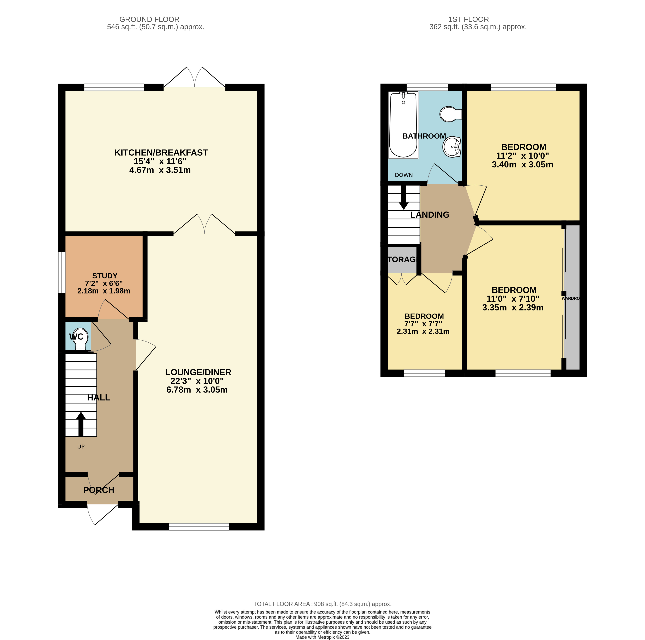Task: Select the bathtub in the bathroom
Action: (403, 125)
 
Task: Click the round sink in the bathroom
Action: (452, 147)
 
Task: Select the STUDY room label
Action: (105, 276)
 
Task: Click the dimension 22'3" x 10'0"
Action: (197, 381)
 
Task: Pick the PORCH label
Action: (99, 490)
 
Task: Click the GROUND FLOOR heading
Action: (149, 19)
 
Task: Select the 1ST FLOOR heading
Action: (468, 19)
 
